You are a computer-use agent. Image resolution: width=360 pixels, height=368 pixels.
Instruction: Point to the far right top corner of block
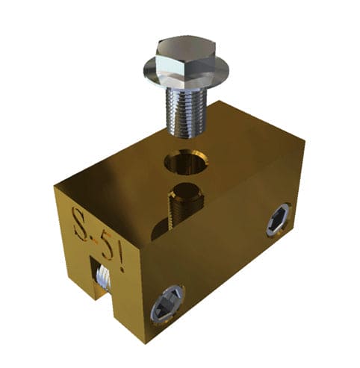coord(305,138)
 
